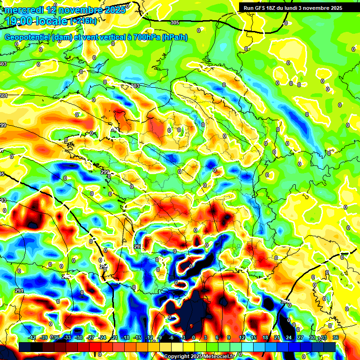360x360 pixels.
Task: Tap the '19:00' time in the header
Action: [x=17, y=21]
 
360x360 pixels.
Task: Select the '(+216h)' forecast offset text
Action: [x=83, y=21]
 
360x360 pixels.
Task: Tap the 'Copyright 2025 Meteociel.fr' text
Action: [x=199, y=356]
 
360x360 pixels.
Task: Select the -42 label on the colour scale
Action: [x=32, y=338]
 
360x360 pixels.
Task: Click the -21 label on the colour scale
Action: [x=114, y=338]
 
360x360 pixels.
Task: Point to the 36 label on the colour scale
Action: [x=335, y=338]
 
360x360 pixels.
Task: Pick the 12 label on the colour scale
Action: [x=241, y=338]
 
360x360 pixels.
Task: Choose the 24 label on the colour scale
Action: [x=288, y=338]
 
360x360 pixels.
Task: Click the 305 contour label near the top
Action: [x=175, y=22]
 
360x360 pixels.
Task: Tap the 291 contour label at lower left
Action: [x=19, y=291]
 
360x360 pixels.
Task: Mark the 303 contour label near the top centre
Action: [x=136, y=86]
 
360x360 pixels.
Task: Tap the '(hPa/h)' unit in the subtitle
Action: [x=174, y=37]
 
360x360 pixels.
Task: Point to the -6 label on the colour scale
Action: [x=172, y=338]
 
